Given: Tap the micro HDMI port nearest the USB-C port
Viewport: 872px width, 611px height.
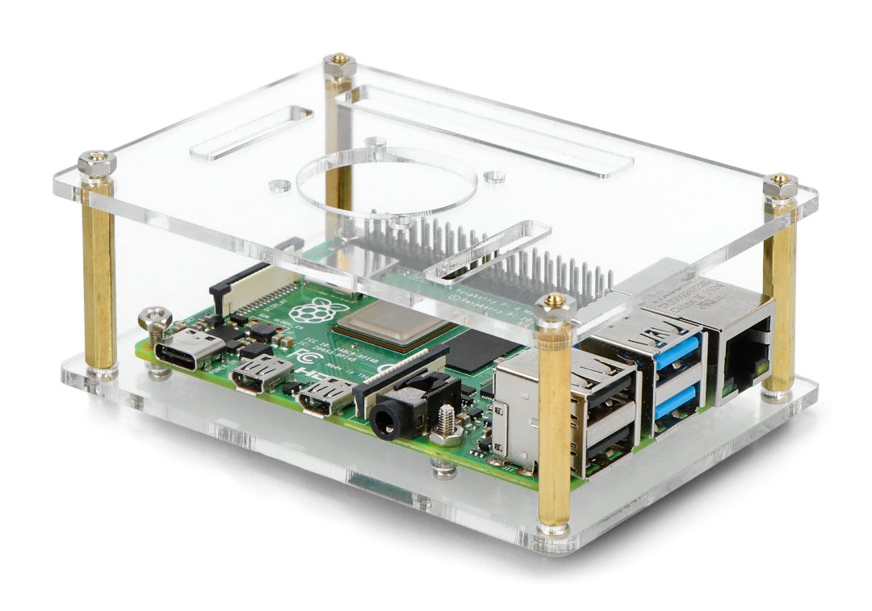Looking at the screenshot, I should [x=259, y=373].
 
